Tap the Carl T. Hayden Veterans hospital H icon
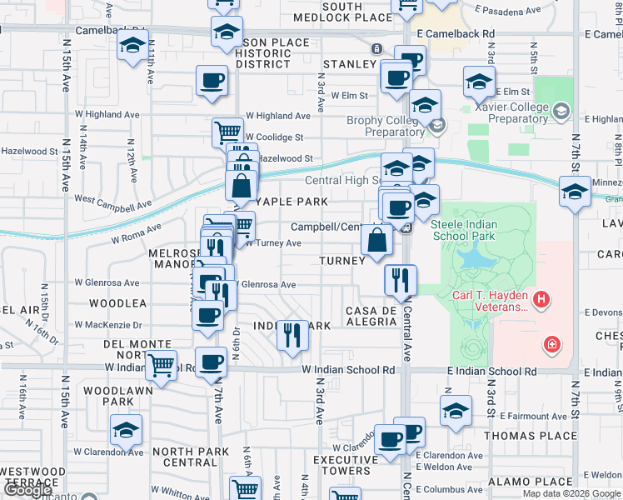(541, 298)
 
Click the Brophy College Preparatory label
(383, 126)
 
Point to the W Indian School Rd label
(348, 369)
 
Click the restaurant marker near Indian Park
(292, 334)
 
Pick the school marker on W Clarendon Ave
(126, 429)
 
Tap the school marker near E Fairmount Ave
(456, 411)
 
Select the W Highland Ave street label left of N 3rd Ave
(277, 116)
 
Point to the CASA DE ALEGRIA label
(371, 316)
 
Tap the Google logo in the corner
(28, 490)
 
